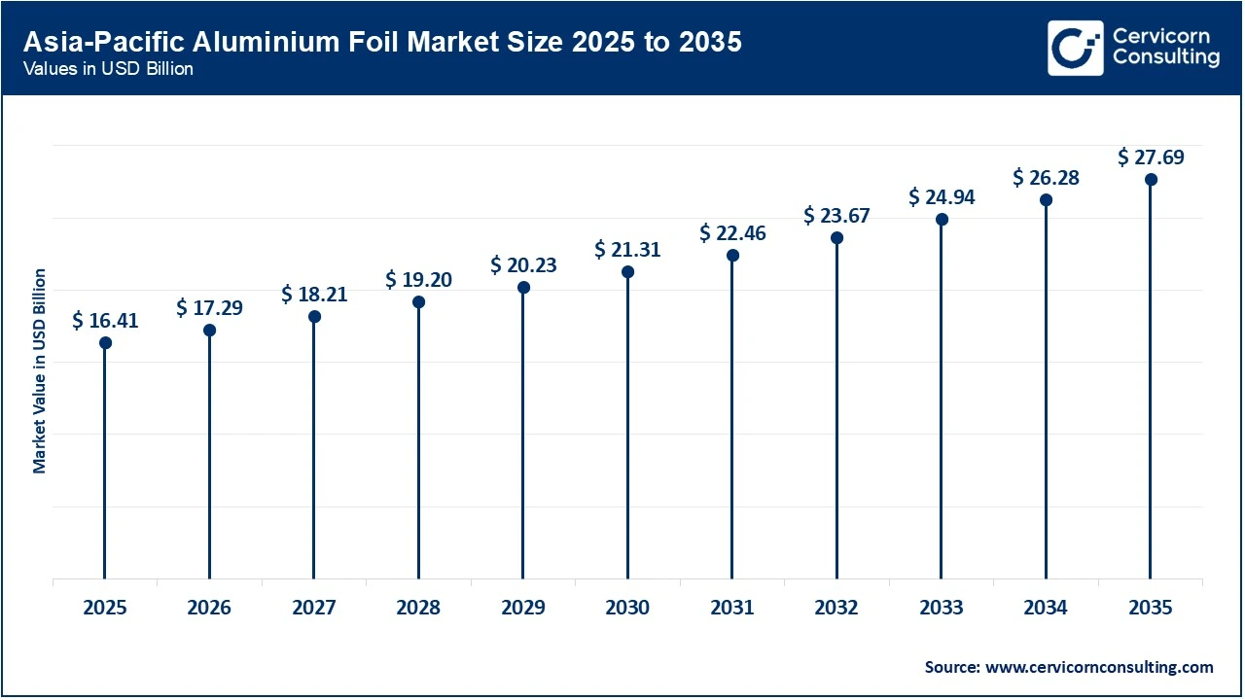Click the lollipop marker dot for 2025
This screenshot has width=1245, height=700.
pos(105,342)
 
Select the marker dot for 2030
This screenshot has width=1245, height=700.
pos(627,271)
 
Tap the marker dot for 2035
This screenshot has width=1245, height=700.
pos(1151,179)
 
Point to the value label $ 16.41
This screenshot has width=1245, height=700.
pos(105,321)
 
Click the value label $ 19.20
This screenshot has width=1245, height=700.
pos(418,280)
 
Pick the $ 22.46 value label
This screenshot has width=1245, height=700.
pos(732,233)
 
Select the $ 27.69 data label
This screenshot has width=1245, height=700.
pos(1151,157)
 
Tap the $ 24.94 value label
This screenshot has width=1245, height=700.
pos(942,197)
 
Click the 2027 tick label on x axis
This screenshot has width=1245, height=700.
pos(313,608)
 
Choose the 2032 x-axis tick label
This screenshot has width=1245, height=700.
pos(836,608)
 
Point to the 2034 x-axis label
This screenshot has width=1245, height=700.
pos(1046,608)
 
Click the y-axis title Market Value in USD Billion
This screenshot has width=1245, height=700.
pos(40,371)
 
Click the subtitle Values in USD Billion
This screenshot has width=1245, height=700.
pos(108,69)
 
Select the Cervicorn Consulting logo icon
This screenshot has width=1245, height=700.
pos(1075,48)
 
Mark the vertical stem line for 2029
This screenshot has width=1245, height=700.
pos(523,437)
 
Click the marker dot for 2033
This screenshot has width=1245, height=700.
pos(942,219)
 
